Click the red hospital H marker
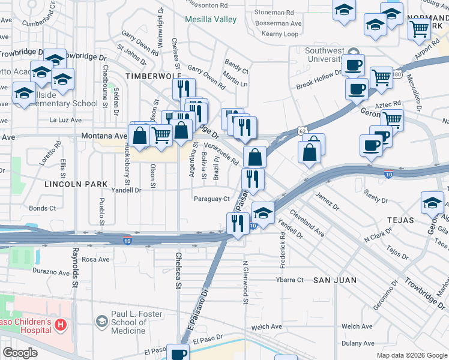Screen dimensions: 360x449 (60, 325)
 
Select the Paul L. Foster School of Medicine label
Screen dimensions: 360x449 (129, 322)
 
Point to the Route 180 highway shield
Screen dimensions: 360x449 (397, 74)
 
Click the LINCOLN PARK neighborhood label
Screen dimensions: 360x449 (76, 184)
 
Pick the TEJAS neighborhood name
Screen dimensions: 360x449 (400, 220)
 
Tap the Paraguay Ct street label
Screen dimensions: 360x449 (212, 199)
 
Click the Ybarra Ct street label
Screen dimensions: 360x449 (290, 280)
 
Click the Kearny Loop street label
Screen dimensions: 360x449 (280, 34)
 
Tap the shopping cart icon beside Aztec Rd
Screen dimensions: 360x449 (392, 119)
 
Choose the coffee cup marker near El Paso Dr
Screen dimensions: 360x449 (178, 353)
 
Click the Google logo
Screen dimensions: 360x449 (20, 353)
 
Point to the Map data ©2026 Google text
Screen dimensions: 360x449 (411, 355)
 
